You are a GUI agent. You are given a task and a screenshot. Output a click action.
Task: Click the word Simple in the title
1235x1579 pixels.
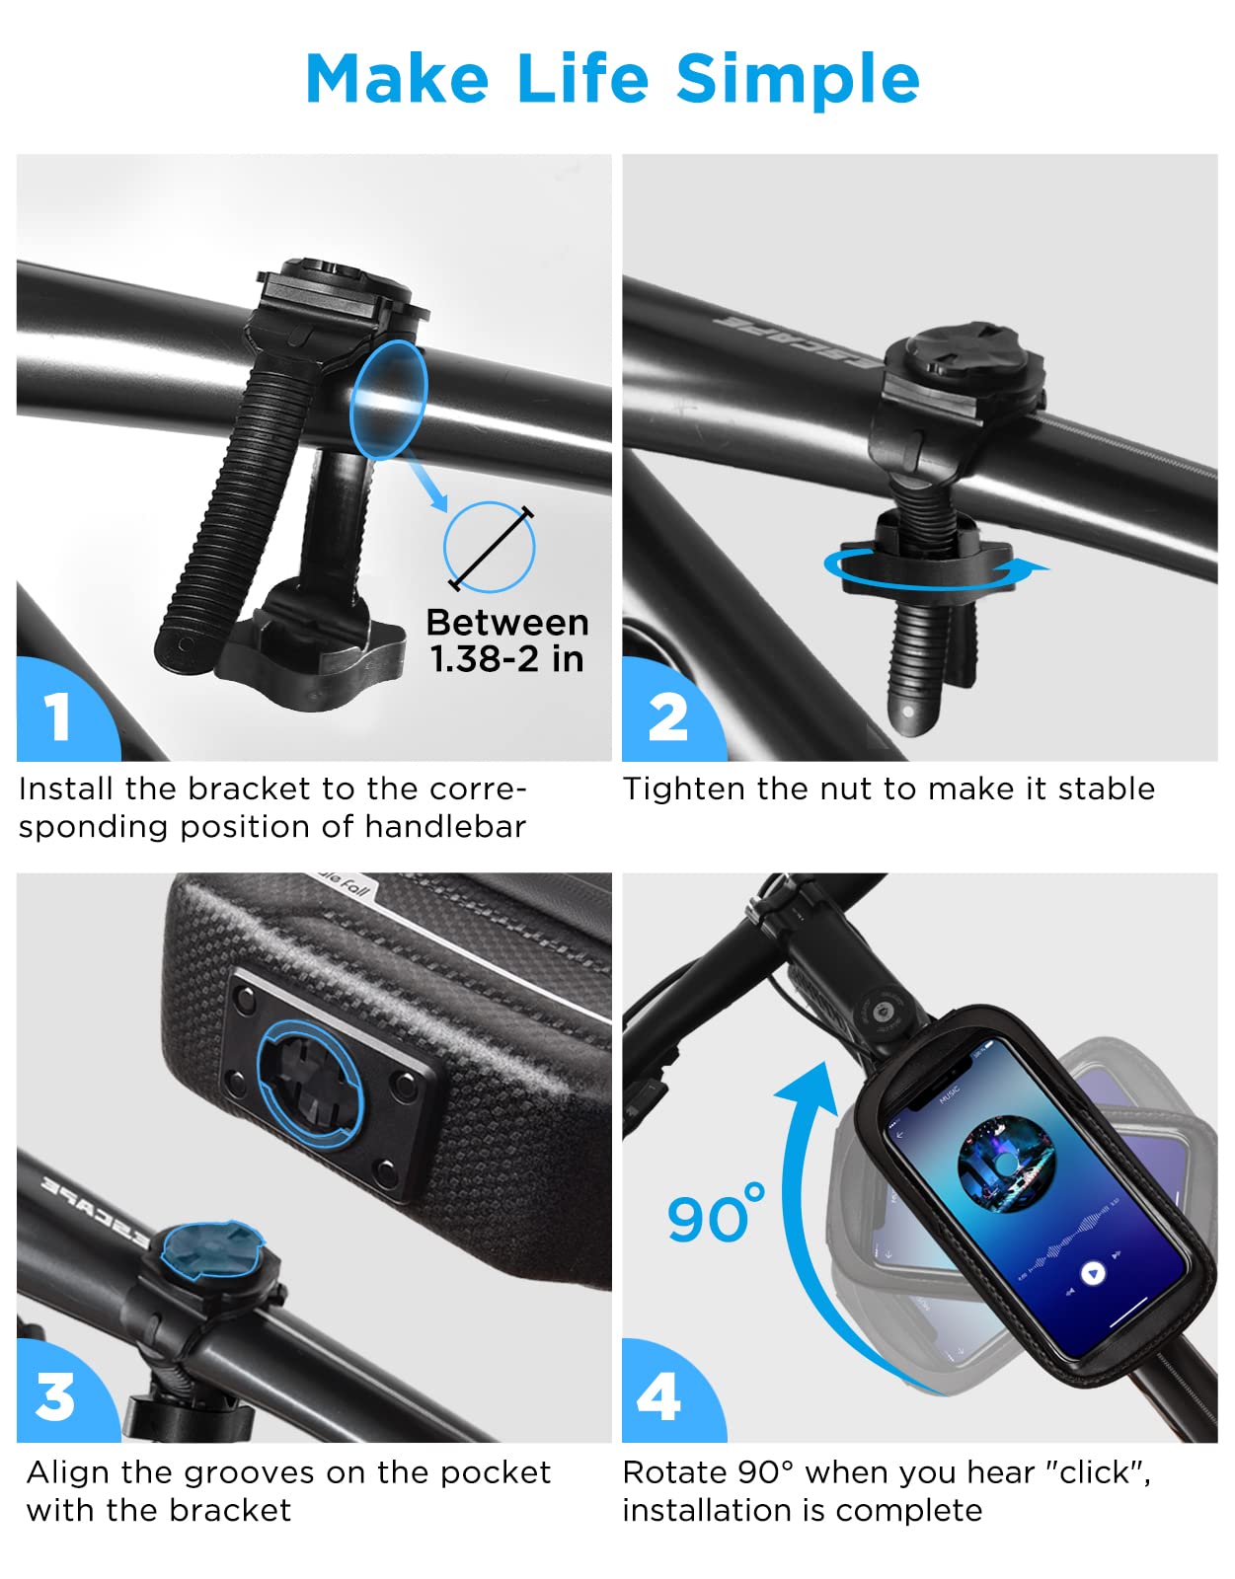(798, 81)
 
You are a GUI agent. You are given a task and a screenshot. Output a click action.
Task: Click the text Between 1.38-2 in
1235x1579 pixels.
(507, 640)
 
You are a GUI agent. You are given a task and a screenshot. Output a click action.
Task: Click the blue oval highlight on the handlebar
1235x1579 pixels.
(389, 400)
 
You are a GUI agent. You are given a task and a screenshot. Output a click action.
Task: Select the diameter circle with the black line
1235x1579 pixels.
(490, 547)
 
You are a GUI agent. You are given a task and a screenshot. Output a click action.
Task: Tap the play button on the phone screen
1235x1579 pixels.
(1093, 1274)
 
